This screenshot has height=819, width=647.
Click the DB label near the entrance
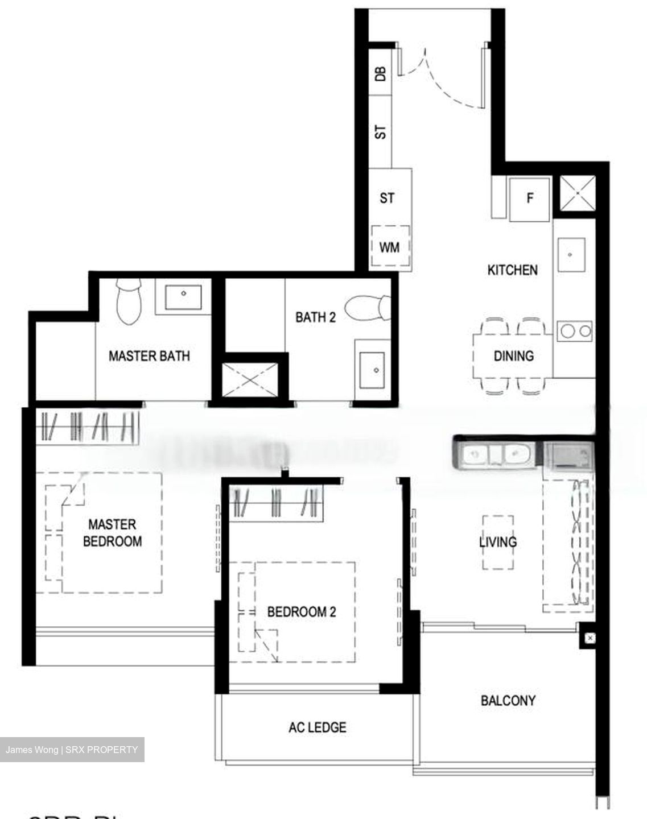coord(381,73)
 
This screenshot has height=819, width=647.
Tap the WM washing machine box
coord(389,247)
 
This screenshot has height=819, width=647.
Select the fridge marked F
coord(530,198)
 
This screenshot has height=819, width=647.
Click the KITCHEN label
coord(512,270)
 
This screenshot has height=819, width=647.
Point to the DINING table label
coord(513,356)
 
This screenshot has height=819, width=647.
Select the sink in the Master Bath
coord(183,295)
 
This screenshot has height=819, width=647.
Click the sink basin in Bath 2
coord(375,369)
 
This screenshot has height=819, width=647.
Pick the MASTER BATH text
coord(149,356)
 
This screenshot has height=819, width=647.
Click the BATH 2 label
coord(315,317)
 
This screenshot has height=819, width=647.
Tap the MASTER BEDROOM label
coord(112,532)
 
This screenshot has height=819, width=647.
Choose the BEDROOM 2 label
coord(302,612)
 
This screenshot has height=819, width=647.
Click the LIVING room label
coord(498,541)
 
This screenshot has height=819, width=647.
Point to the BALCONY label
coord(508,700)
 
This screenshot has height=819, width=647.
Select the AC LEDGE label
coord(317,727)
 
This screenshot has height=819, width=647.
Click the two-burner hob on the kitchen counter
coord(575,330)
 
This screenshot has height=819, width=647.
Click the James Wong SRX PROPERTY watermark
coord(72,750)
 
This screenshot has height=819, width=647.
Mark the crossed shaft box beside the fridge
coord(577,194)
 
